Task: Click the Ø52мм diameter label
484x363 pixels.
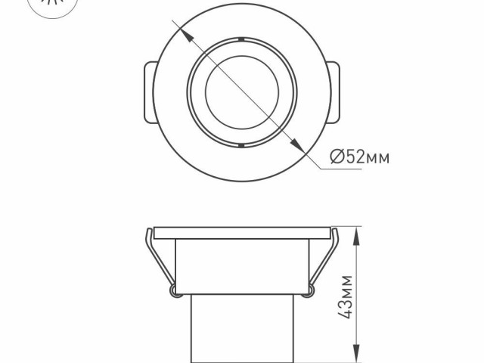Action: point(360,157)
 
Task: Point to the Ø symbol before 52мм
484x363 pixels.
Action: point(338,157)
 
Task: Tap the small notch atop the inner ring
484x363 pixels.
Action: point(240,38)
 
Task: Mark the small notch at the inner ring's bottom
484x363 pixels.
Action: point(240,144)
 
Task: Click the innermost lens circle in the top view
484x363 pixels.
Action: point(240,91)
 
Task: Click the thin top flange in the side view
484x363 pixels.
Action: point(240,231)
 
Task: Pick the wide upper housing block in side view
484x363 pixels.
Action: point(240,265)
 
